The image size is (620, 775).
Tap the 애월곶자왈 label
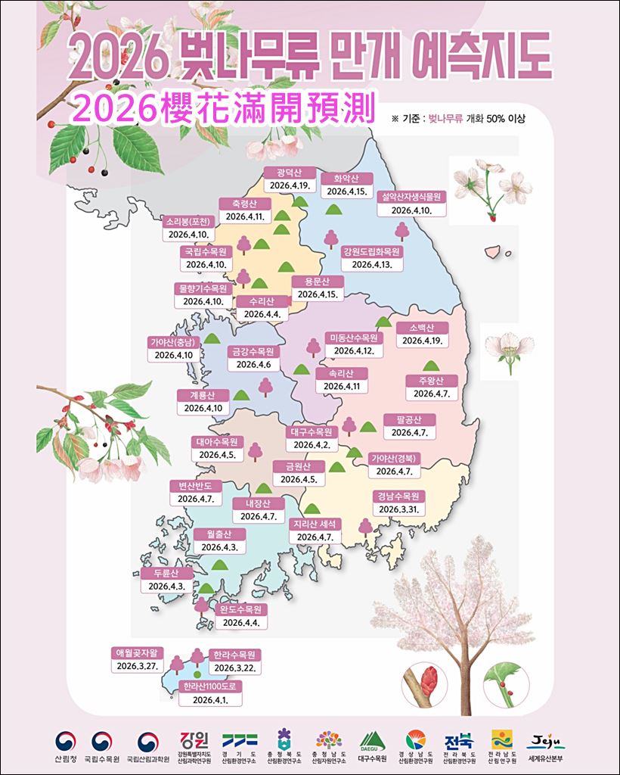point(136,652)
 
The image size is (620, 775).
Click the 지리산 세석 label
point(315,524)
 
